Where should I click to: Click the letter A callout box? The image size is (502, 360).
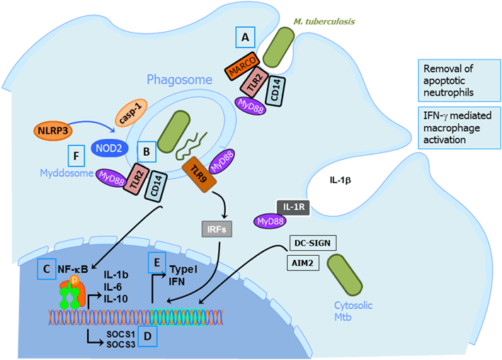pos(245,39)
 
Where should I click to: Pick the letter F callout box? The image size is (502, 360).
pos(77,156)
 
